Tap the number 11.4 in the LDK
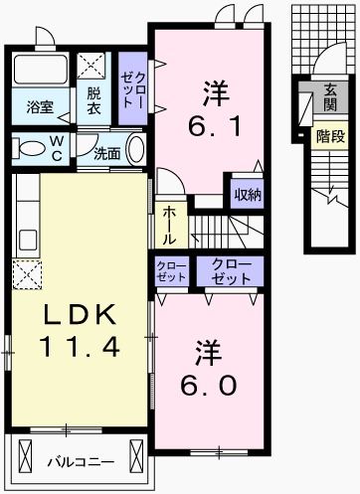[82, 347]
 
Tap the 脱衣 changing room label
[92, 101]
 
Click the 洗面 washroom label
[107, 154]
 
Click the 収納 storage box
[248, 194]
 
